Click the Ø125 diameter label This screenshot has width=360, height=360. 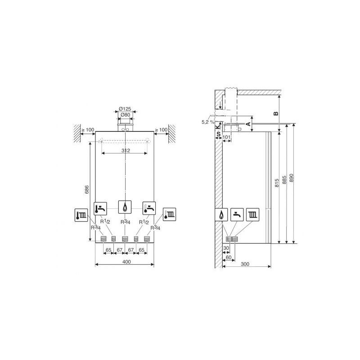point(125,108)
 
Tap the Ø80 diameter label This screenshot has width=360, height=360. point(125,115)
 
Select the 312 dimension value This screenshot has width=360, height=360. point(126,150)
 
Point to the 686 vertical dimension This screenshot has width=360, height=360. point(86,189)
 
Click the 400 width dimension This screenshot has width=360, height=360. point(126,262)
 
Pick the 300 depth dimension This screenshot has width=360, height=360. point(245,264)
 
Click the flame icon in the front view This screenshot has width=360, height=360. point(125,207)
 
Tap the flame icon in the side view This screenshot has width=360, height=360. point(221,215)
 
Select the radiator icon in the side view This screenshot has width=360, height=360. point(252,215)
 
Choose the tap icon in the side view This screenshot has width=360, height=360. point(237,215)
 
